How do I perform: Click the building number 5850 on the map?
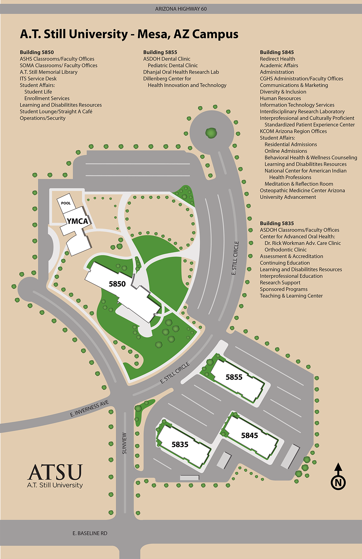click(117, 284)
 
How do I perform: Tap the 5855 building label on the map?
click(234, 377)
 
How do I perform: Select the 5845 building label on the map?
click(249, 435)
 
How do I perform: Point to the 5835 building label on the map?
click(180, 444)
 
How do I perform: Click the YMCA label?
click(77, 221)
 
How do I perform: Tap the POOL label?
click(66, 203)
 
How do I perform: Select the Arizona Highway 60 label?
click(181, 9)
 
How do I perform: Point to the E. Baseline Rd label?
click(90, 533)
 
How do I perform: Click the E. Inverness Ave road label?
click(89, 409)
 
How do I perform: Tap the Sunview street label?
click(124, 443)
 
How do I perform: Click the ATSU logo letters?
click(55, 472)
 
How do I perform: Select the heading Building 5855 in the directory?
click(160, 52)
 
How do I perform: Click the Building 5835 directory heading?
click(277, 223)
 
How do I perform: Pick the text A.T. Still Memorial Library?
click(49, 72)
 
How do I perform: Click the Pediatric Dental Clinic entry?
click(173, 65)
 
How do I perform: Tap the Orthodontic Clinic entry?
click(286, 250)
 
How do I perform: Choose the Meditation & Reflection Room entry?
click(299, 184)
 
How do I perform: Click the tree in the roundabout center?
click(211, 132)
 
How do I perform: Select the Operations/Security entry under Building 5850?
click(43, 118)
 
